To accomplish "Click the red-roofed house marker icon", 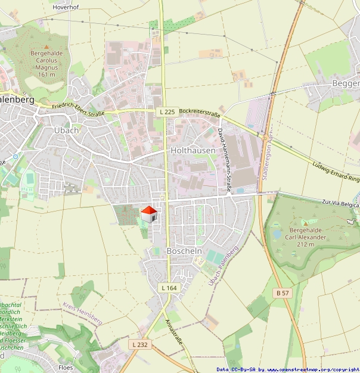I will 148,215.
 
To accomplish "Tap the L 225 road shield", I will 167,111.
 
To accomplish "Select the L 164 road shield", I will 169,288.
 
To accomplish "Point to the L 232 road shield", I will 139,344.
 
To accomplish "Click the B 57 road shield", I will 283,293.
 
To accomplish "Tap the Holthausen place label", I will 193,151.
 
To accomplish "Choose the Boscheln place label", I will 184,251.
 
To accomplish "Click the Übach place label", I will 66,130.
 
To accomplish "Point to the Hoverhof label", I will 67,7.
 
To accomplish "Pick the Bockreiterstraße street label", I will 200,111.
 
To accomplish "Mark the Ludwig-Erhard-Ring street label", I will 337,170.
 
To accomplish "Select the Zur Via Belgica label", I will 340,204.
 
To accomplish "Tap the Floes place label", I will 66,367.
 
